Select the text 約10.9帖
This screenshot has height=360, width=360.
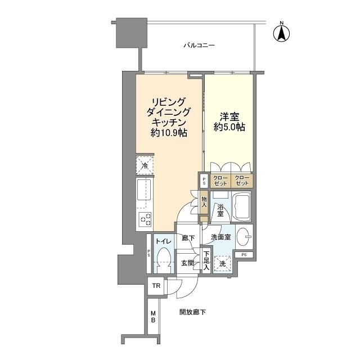point(169,133)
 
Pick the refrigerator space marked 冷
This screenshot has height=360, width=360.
point(145,165)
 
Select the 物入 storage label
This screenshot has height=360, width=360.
point(204,202)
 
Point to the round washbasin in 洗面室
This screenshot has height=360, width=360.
point(245,237)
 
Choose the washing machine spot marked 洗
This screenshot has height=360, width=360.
point(223,263)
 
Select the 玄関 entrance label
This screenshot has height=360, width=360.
point(187,263)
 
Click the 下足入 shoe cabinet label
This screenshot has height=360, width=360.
point(206,263)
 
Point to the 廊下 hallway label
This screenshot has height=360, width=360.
point(188,238)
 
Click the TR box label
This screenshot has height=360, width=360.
point(155,286)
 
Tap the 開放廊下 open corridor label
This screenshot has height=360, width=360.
point(192,312)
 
